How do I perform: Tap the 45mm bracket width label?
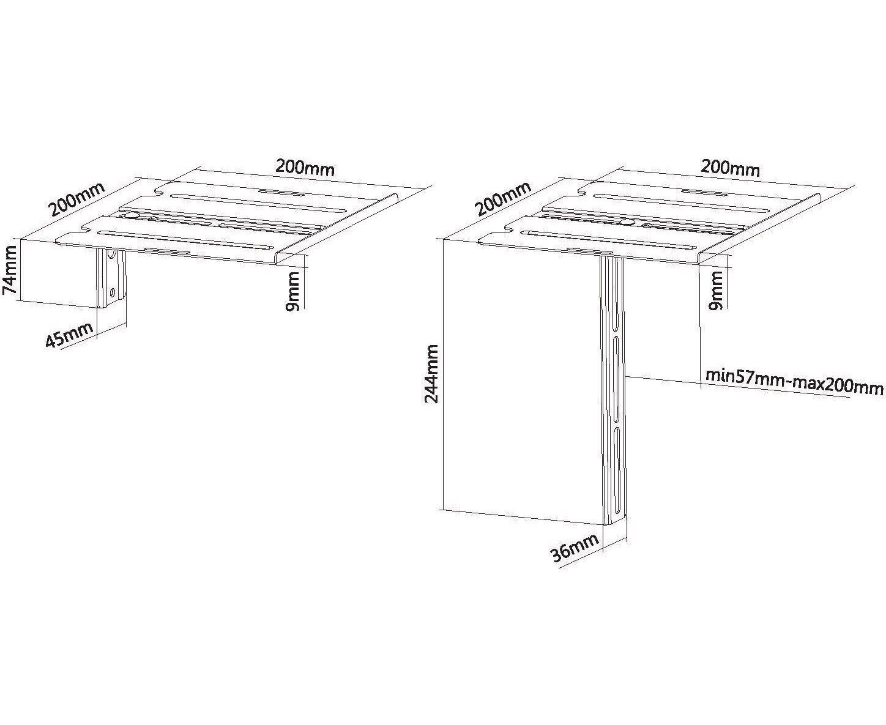[69, 335]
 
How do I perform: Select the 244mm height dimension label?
[431, 373]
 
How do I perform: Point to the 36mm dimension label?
[575, 548]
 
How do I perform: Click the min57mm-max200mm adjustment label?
[794, 382]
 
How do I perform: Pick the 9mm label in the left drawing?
[292, 291]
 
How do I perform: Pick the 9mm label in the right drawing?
[716, 290]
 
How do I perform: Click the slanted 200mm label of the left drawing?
[76, 199]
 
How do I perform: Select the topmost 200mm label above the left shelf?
[305, 168]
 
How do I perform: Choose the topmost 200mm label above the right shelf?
[730, 168]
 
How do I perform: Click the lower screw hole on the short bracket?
[112, 292]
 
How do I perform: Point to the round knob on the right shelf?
[628, 222]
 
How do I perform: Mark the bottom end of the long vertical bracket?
[615, 525]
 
